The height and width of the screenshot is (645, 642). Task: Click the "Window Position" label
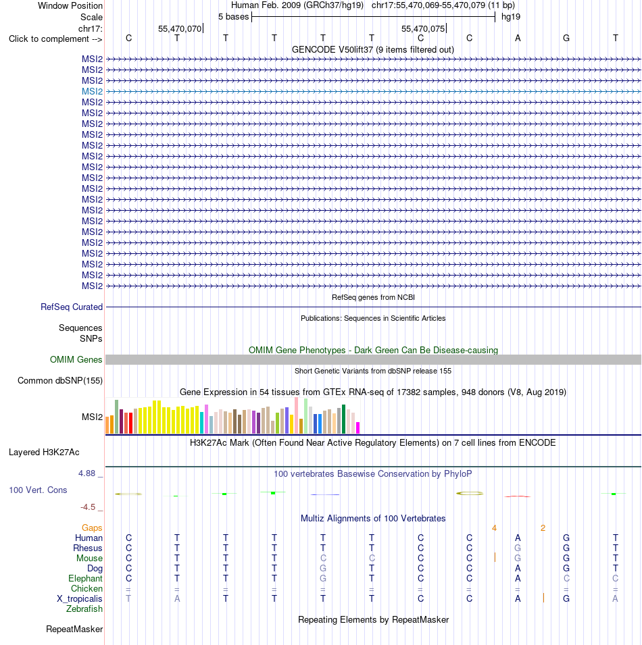[x=70, y=6]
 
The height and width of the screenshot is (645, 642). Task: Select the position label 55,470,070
[x=180, y=29]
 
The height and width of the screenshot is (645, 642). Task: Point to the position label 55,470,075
[x=423, y=29]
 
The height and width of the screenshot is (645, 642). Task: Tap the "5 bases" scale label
[x=233, y=17]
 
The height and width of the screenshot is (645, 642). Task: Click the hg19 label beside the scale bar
[x=511, y=17]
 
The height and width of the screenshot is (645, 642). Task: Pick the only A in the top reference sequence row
[x=518, y=38]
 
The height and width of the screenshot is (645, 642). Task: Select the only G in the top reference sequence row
[x=566, y=38]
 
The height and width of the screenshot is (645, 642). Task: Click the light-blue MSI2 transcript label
[x=92, y=91]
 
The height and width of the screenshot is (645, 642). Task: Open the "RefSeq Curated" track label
[x=72, y=307]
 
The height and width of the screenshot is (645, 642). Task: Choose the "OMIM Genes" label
[x=76, y=359]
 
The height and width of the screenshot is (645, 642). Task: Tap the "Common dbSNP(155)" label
[x=60, y=380]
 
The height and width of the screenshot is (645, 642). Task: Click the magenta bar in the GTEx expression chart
[x=358, y=428]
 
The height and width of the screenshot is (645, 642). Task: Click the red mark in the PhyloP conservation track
[x=517, y=496]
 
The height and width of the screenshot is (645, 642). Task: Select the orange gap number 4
[x=494, y=527]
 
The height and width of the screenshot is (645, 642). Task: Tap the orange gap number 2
[x=543, y=527]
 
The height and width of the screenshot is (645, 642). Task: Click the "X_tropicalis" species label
[x=80, y=599]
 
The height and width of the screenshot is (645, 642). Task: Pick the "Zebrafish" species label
[x=84, y=609]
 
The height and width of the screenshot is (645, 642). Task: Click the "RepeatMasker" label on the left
[x=74, y=629]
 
